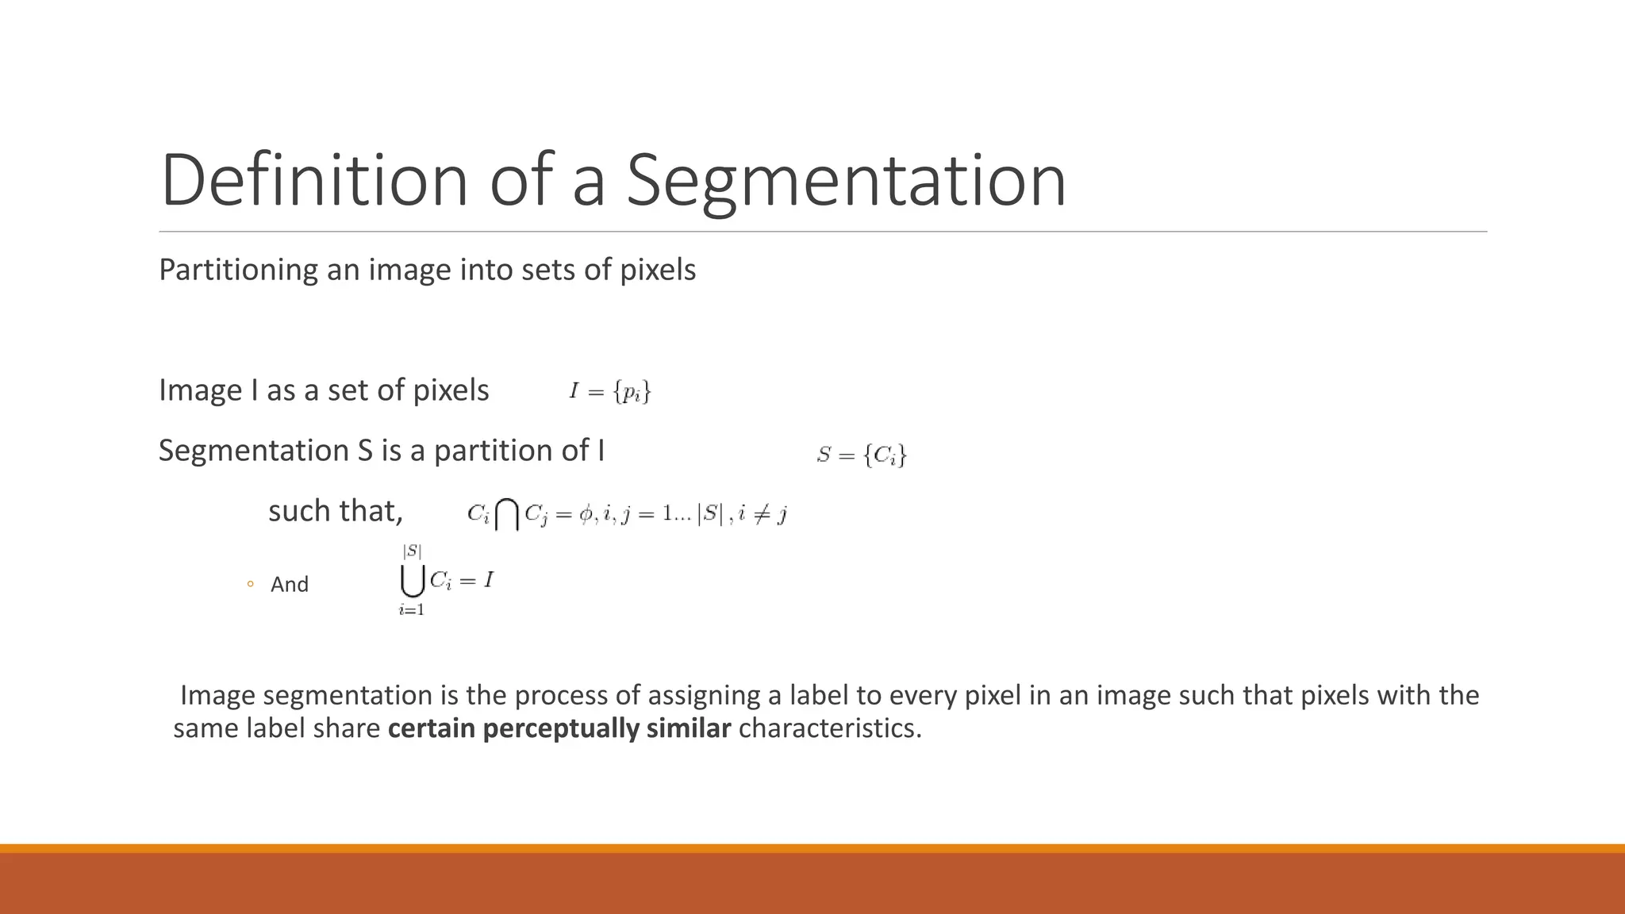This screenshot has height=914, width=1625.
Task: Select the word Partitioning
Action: (x=239, y=270)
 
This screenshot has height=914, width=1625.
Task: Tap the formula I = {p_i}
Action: (x=609, y=391)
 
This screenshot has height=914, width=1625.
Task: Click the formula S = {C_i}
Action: (x=861, y=455)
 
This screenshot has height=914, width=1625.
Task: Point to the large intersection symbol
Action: (x=507, y=514)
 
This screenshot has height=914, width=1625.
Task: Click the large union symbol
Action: (x=412, y=581)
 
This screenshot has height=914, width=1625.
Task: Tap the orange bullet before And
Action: (x=250, y=585)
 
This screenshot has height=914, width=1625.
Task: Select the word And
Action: (x=290, y=585)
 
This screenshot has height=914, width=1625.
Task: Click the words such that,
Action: (x=335, y=511)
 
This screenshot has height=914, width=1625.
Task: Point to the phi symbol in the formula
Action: (x=586, y=515)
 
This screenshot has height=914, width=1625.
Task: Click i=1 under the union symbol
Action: (x=411, y=610)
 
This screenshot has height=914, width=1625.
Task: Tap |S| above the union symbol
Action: (x=412, y=551)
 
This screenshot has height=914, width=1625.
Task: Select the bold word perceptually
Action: (x=560, y=728)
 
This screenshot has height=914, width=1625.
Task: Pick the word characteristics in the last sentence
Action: (x=829, y=728)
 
